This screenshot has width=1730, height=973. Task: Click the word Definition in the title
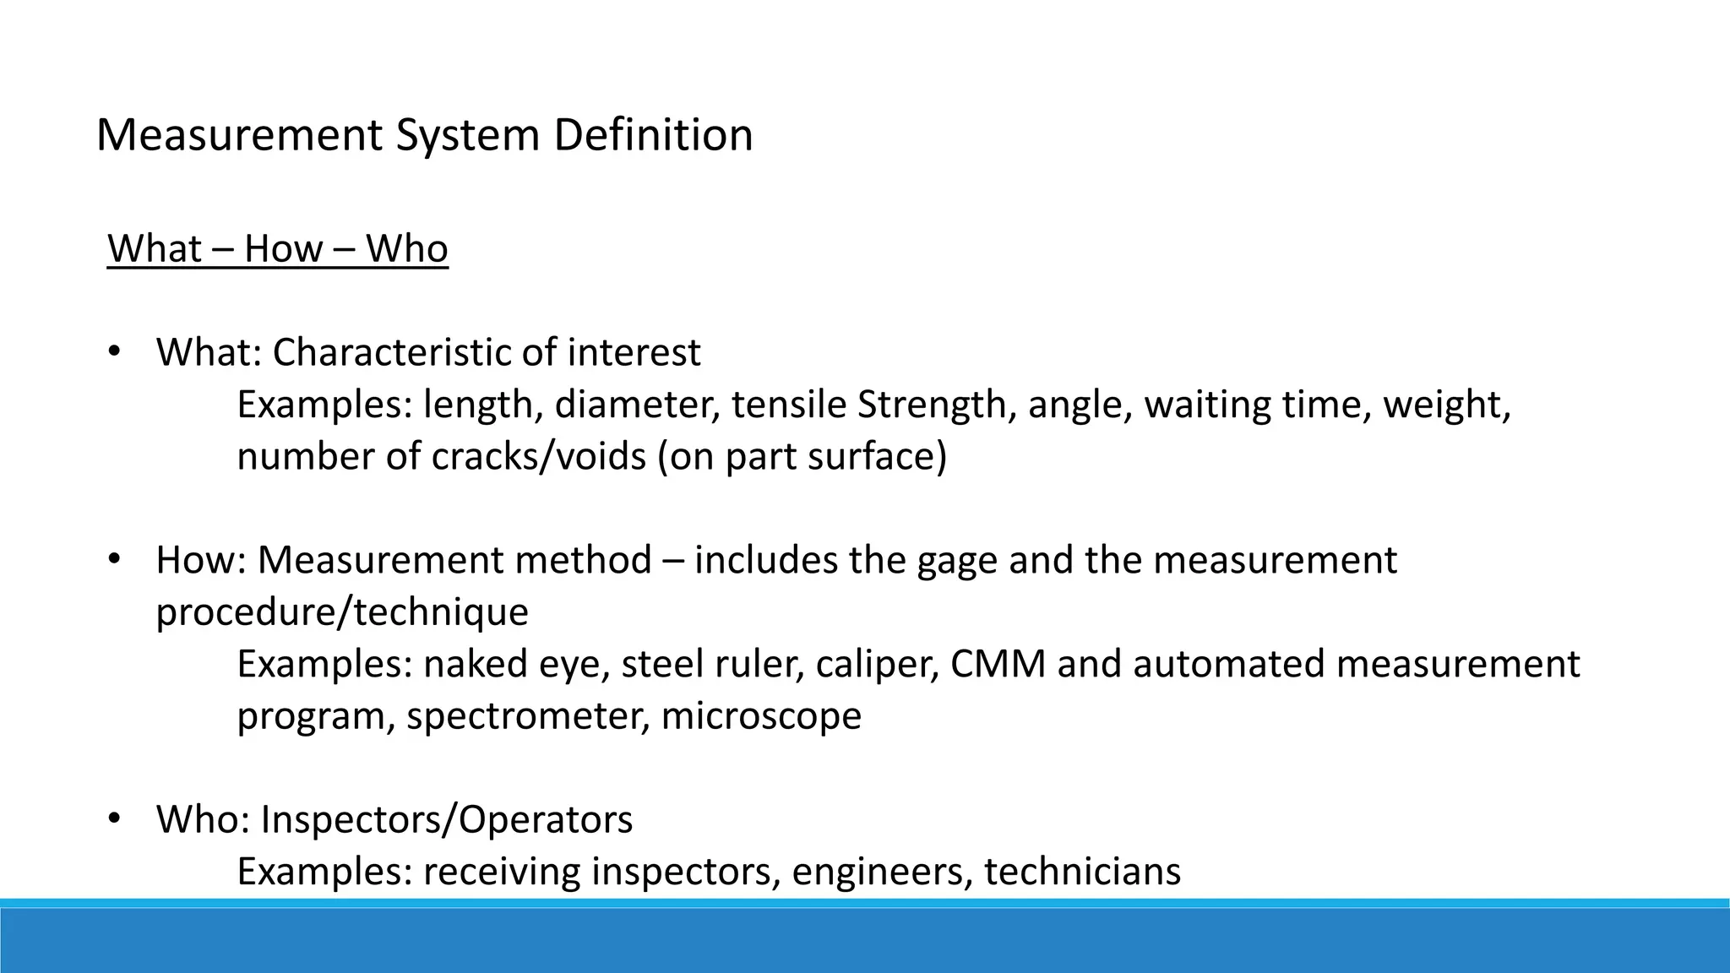click(x=653, y=135)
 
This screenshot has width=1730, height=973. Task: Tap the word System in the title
click(x=467, y=135)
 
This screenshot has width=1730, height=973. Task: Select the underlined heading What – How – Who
click(x=278, y=249)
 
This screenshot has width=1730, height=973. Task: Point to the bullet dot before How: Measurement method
click(x=115, y=558)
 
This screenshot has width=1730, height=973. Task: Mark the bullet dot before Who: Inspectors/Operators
click(x=115, y=818)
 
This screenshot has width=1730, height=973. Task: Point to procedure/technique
click(x=342, y=612)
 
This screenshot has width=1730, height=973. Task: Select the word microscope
click(x=761, y=716)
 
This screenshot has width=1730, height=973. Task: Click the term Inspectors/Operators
click(x=446, y=820)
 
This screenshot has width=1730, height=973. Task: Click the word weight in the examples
click(x=1446, y=405)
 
